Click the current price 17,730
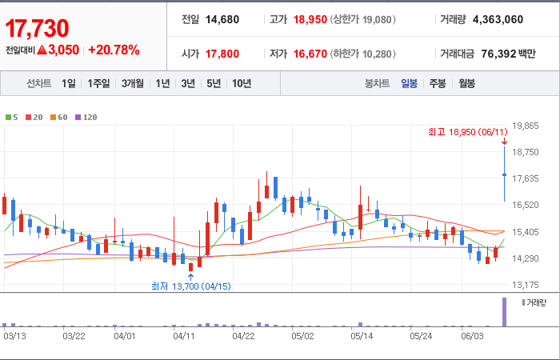point(37,28)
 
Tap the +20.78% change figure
point(114,50)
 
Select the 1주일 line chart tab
point(98,83)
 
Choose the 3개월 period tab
point(133,83)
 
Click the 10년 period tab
point(242,83)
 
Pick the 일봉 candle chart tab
point(409,83)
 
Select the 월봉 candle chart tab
point(466,83)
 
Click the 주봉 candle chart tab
point(438,83)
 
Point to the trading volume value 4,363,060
point(498,20)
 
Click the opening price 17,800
point(222,54)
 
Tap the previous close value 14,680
point(222,20)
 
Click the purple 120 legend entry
point(86,117)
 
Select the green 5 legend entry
point(11,117)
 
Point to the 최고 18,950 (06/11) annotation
point(467,132)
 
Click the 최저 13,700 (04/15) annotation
point(191,286)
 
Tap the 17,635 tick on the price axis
point(525,178)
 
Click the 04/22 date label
point(243,337)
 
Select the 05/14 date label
point(362,337)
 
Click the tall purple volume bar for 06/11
point(504,312)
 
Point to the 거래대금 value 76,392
point(498,54)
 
